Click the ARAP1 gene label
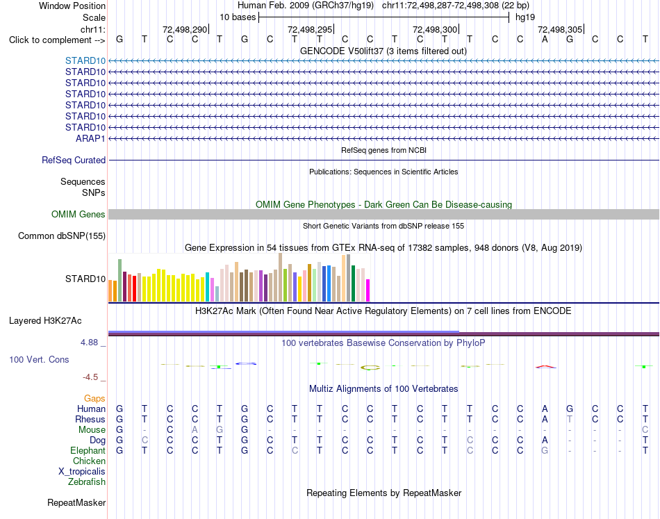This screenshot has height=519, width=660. tap(90, 138)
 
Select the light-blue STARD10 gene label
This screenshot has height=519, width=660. tap(85, 60)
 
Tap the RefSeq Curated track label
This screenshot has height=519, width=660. tap(74, 160)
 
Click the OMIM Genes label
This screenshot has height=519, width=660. tap(79, 214)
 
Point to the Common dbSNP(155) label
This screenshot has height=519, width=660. tap(62, 236)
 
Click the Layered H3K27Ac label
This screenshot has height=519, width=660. tap(45, 321)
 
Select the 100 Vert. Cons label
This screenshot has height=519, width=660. tap(39, 359)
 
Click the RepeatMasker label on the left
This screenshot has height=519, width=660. tap(76, 502)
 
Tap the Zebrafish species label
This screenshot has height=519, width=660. tap(87, 481)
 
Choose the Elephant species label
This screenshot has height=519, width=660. tap(88, 450)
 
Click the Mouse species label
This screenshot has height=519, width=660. tap(92, 429)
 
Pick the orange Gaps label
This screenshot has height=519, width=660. tap(94, 398)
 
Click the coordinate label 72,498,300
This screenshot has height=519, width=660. tap(435, 29)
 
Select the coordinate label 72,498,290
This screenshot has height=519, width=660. tap(185, 29)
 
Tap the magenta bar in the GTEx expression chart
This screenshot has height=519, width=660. tap(368, 290)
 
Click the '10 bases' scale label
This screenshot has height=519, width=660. tap(238, 17)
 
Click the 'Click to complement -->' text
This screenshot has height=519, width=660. tap(57, 40)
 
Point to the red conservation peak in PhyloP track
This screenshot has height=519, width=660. tap(545, 367)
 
